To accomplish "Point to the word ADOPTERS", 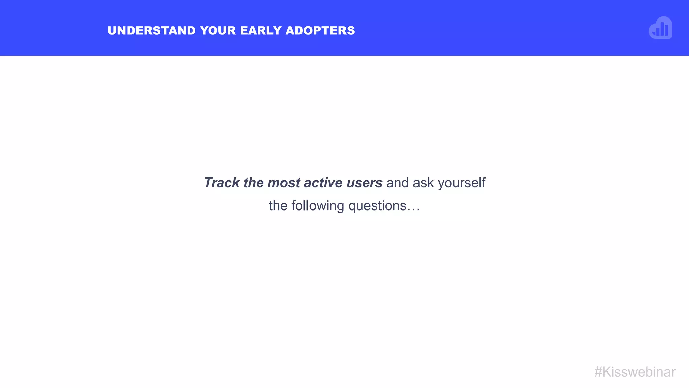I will [x=320, y=31].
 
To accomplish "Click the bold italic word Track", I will [x=222, y=183].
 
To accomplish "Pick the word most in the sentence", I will [x=284, y=183].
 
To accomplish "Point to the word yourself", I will [x=462, y=183].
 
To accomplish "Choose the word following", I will [x=318, y=206].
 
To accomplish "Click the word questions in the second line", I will [x=377, y=206].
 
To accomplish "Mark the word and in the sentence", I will [x=397, y=183].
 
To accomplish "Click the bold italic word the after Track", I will [x=253, y=183].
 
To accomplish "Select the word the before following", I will [x=278, y=206].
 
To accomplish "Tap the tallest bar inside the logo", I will [x=662, y=29].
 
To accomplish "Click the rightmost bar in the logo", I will [x=667, y=30].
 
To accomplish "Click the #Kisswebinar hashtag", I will [x=635, y=372].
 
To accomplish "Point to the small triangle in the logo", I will [x=654, y=33].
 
